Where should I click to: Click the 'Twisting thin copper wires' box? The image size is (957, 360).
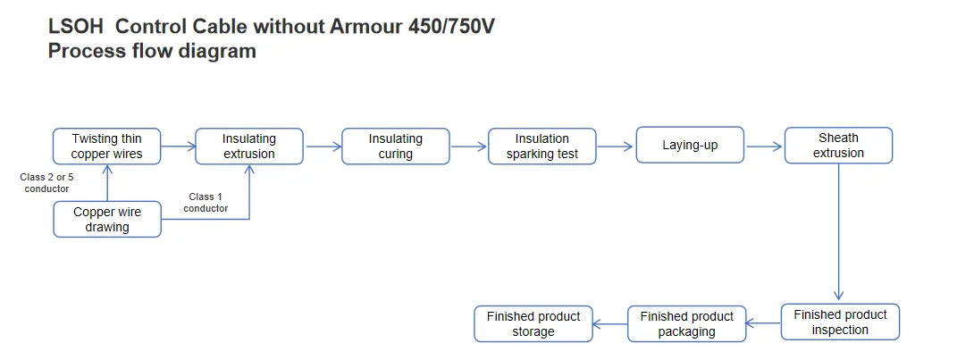[107, 146]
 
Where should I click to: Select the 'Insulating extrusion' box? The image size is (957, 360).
[249, 146]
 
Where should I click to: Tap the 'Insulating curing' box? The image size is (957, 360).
[395, 146]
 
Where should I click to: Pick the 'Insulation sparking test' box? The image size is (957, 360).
[541, 146]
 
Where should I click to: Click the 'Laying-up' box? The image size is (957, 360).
[689, 145]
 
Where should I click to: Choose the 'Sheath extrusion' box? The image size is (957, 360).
[838, 145]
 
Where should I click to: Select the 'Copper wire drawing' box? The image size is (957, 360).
[107, 219]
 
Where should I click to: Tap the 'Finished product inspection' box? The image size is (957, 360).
[840, 322]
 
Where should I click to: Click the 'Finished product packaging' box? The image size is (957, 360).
[686, 323]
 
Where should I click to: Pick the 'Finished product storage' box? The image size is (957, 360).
[533, 323]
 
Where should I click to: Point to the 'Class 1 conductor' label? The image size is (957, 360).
[206, 203]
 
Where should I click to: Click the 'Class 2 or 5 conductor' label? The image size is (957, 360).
[46, 182]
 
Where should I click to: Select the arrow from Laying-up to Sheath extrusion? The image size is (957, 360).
[764, 146]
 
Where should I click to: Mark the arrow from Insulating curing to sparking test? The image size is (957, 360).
[469, 146]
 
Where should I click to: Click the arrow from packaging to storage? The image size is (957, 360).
[609, 323]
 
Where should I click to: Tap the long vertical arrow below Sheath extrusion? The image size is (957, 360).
[838, 232]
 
